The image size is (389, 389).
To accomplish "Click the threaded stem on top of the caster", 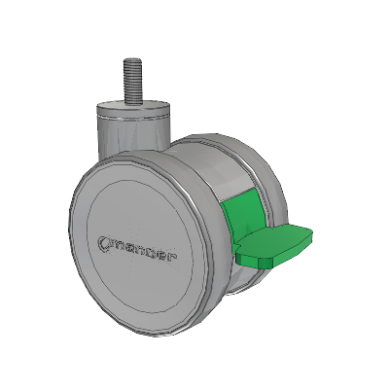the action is point(132,81).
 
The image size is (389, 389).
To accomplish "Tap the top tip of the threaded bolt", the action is point(132,58).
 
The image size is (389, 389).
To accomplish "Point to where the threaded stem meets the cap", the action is point(132,102).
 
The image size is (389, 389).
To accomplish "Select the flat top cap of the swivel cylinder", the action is point(133,106).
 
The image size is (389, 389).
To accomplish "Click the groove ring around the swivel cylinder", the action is point(133,118).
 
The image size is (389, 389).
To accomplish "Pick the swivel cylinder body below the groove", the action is point(133,138).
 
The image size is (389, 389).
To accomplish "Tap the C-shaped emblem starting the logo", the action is point(103,243).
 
